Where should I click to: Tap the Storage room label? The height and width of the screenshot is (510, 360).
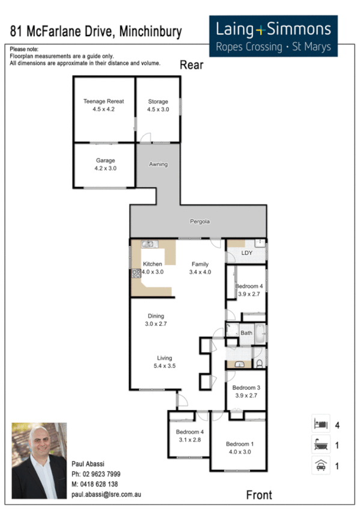point(158,102)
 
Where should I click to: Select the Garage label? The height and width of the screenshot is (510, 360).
point(105,161)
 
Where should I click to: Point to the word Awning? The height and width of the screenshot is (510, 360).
point(159,164)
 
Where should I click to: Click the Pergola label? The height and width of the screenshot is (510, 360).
point(200,221)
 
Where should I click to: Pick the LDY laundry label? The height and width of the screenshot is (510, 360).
point(246,253)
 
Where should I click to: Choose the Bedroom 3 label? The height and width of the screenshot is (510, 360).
point(246,388)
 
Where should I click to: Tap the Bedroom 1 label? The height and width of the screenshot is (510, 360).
point(240,444)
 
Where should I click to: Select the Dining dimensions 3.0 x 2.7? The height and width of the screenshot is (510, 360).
point(156,324)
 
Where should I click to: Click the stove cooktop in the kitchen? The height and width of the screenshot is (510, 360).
point(136,273)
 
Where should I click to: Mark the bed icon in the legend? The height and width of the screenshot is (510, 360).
point(320,425)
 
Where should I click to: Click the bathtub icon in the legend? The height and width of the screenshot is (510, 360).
point(320,446)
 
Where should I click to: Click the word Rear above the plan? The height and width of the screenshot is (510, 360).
point(192,66)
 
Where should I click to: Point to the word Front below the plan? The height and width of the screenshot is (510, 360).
point(259,495)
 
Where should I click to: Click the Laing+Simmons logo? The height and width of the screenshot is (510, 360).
point(277,35)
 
